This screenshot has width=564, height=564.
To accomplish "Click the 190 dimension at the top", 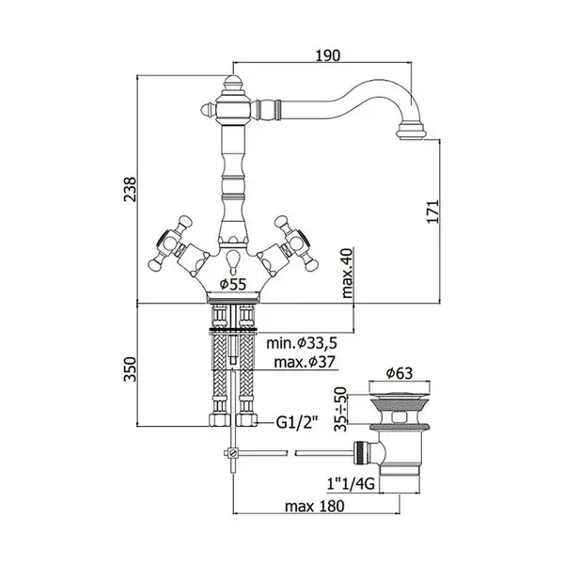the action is [x=327, y=55].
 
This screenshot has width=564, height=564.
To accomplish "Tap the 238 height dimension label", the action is [x=131, y=189].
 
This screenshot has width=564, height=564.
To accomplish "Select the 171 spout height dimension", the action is [x=433, y=211].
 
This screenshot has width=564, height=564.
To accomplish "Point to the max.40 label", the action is [x=348, y=274].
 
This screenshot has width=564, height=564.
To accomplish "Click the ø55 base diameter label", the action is [x=233, y=284].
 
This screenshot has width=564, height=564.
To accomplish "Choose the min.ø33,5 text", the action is [x=302, y=343].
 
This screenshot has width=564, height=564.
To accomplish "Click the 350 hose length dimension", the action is [x=131, y=369].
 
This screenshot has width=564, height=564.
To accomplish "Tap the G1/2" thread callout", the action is [x=297, y=423].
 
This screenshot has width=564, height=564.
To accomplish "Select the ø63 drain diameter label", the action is [x=399, y=373].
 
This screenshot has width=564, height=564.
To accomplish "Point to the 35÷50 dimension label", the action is [x=340, y=409].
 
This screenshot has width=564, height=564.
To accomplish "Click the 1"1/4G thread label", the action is [x=351, y=484].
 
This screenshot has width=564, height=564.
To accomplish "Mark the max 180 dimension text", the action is [x=315, y=506].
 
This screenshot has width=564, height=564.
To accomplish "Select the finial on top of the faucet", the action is [x=233, y=83].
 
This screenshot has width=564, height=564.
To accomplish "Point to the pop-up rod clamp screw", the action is [x=233, y=452].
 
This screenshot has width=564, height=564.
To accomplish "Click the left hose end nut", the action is [x=219, y=420].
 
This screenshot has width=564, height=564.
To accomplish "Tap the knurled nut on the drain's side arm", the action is [x=361, y=453].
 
